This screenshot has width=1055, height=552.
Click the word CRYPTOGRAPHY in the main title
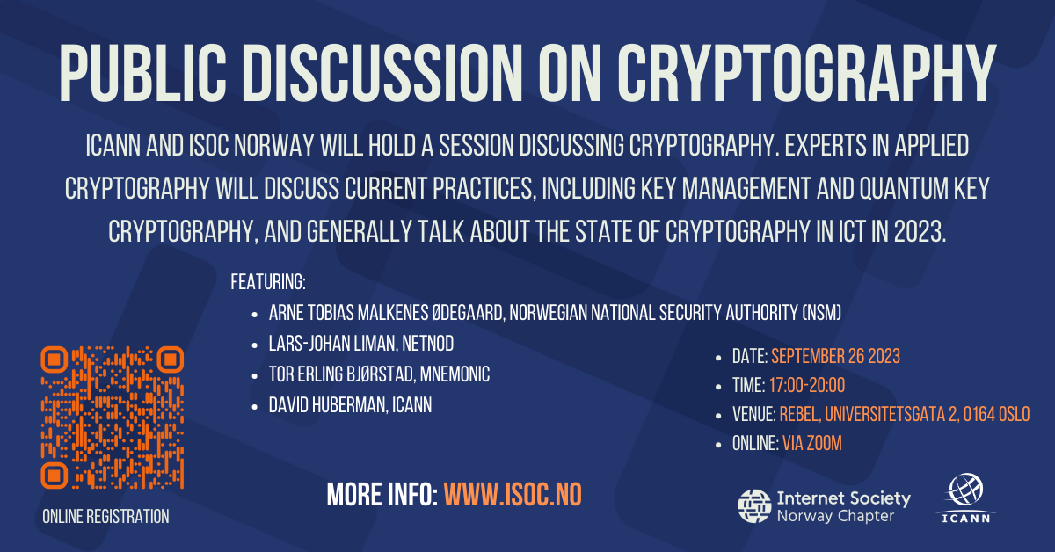(x=806, y=73)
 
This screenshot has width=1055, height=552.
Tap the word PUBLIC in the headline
(x=142, y=73)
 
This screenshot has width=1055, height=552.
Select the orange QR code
(x=113, y=418)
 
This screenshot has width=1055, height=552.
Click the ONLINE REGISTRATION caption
(x=105, y=517)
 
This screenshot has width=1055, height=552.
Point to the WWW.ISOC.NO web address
(x=513, y=495)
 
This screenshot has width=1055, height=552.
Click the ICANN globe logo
(x=965, y=498)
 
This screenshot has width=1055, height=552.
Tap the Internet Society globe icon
(x=754, y=506)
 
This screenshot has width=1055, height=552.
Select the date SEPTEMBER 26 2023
(x=835, y=357)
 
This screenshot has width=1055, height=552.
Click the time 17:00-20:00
(x=807, y=386)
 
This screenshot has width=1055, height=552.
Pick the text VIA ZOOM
(x=812, y=444)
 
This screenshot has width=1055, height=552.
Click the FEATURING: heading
(x=268, y=282)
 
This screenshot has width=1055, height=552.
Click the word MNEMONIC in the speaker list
(x=455, y=374)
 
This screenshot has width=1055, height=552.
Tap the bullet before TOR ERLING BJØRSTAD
(x=255, y=376)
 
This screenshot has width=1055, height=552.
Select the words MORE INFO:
(x=382, y=495)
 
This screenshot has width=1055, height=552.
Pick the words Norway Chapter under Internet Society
(x=835, y=516)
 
